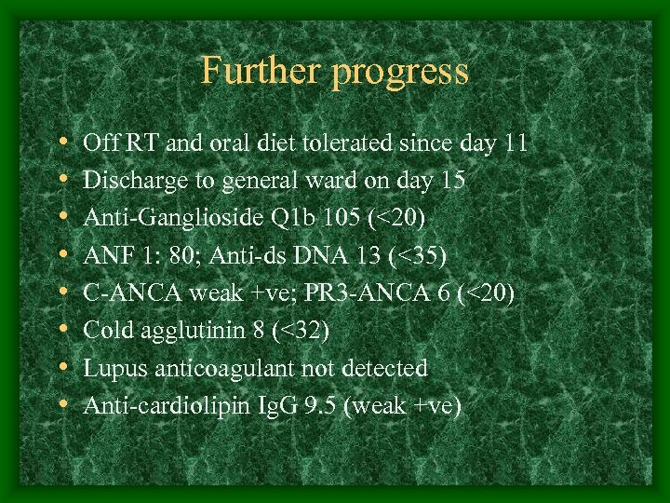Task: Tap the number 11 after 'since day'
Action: pyautogui.click(x=516, y=144)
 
